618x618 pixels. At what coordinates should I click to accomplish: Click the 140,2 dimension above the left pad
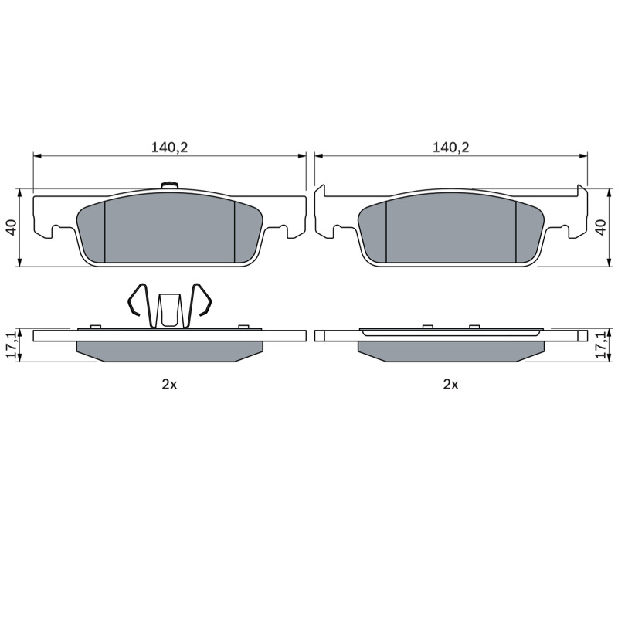coord(169,148)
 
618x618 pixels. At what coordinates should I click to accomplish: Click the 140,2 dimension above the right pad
coord(451,148)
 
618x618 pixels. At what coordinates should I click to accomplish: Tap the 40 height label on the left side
coord(12,227)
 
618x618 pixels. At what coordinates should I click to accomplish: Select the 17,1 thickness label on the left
coord(12,345)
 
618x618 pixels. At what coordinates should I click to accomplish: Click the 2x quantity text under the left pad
coord(169,384)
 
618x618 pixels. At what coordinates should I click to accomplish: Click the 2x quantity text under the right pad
coord(451,384)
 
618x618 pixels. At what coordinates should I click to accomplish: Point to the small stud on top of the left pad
coord(170,185)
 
